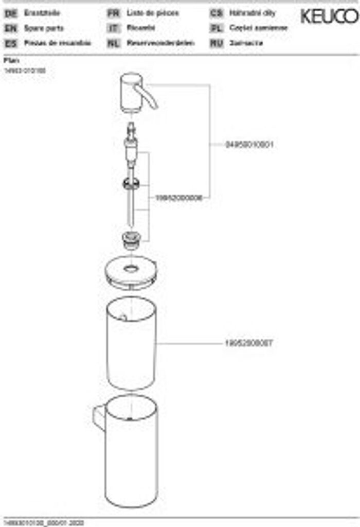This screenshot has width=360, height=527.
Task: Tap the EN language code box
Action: point(10,29)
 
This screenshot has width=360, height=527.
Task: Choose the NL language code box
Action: point(113,43)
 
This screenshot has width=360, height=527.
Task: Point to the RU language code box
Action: point(216,43)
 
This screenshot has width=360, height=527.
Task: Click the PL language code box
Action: point(216,29)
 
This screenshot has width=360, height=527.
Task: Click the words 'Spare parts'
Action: point(44,29)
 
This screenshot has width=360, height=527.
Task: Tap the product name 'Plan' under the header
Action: point(11,60)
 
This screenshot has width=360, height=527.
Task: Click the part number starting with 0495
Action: point(249,145)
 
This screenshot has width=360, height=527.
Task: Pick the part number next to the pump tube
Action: point(178,198)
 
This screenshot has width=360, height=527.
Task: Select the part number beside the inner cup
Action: point(248,343)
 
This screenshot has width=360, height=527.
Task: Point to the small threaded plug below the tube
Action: point(131,240)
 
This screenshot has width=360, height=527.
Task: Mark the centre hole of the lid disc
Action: point(131,268)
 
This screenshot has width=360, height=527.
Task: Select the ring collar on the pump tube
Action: point(131,184)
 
